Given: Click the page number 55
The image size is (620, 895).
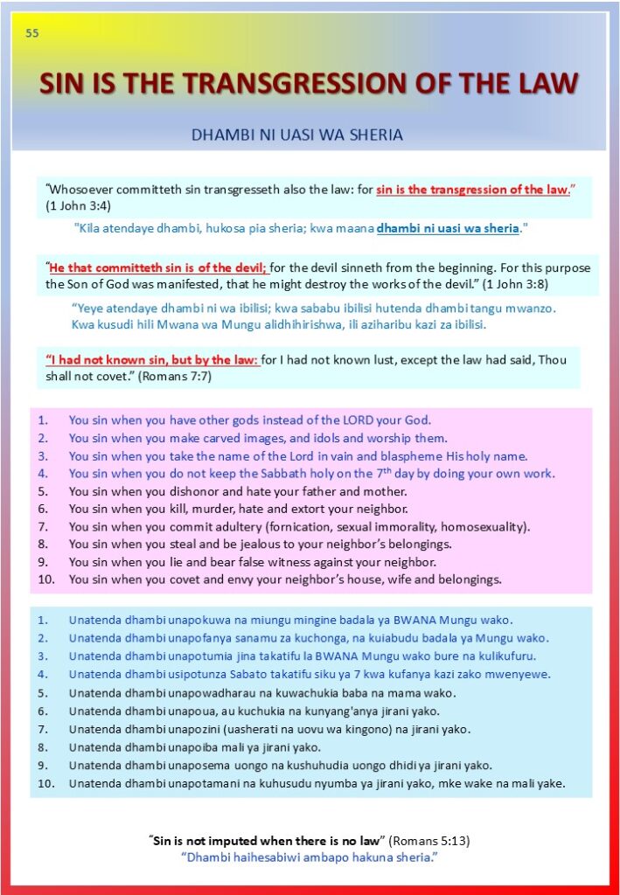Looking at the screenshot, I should (x=32, y=34).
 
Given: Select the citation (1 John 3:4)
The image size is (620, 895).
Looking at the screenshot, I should (x=78, y=205).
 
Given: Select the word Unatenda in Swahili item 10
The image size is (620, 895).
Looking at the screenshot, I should (x=96, y=783).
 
